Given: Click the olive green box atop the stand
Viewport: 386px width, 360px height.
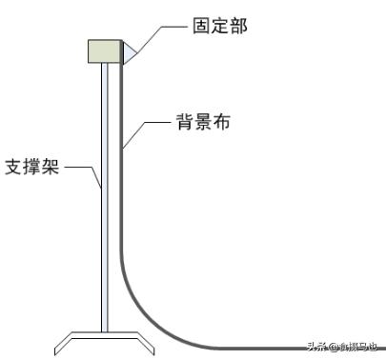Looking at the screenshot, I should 106,50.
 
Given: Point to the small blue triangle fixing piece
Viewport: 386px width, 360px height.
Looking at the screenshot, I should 128,52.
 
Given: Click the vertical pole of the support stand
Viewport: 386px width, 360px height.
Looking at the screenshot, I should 106,190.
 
